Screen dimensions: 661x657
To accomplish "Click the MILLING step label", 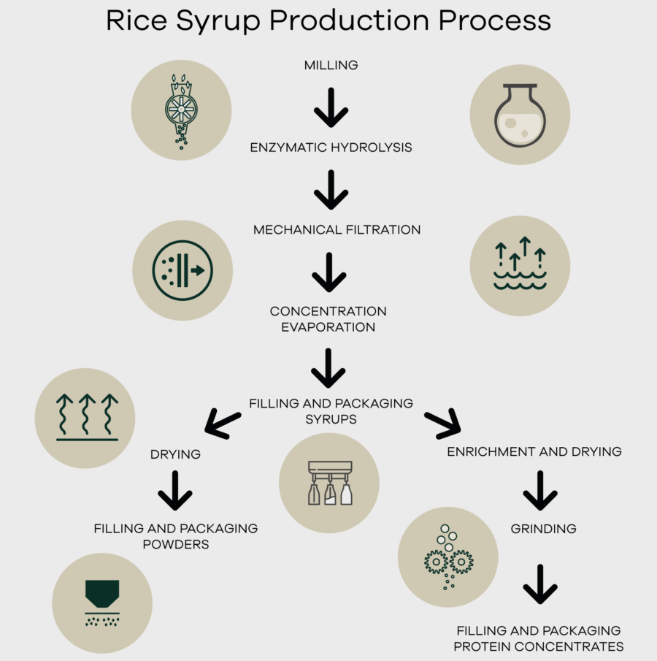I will tap(331, 65).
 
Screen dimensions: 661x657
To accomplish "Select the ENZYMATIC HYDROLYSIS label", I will tap(331, 148).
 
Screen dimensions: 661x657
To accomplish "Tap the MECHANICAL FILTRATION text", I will tap(337, 229).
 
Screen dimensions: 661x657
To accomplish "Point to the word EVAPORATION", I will tap(328, 327).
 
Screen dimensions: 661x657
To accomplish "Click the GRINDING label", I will tap(543, 528).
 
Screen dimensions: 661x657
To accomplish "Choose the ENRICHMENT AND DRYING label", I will tap(534, 451).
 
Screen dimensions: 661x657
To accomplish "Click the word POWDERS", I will tap(175, 544).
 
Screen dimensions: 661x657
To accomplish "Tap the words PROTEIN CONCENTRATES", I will tap(539, 646).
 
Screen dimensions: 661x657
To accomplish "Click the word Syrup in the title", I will tap(218, 20).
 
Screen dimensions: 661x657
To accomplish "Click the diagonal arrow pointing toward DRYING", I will tap(223, 424).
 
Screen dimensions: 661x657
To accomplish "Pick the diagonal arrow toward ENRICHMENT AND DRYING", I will tap(442, 424).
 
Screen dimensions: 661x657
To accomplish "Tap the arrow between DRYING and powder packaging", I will tap(175, 490).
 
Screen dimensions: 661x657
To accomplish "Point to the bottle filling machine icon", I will tap(329, 483).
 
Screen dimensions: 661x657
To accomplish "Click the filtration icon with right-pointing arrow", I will tap(182, 270).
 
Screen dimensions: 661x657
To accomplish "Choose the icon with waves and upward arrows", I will tap(520, 265).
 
